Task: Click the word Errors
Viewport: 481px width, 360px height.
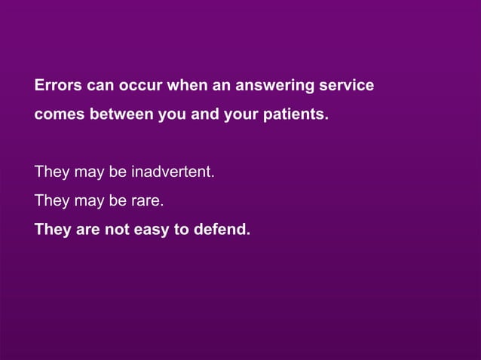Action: [57, 86]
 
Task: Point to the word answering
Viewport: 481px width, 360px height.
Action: [276, 87]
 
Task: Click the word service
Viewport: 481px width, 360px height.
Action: [348, 86]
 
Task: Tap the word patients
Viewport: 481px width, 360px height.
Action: [299, 117]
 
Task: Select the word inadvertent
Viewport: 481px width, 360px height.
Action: [173, 172]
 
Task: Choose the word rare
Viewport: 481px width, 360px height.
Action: [147, 201]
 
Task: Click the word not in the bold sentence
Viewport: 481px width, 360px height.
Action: [117, 229]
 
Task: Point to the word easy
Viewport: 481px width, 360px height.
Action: [153, 230]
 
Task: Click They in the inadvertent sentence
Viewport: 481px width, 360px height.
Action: [51, 172]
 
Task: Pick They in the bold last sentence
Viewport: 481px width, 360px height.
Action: [52, 229]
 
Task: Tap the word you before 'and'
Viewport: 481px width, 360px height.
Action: [166, 117]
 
